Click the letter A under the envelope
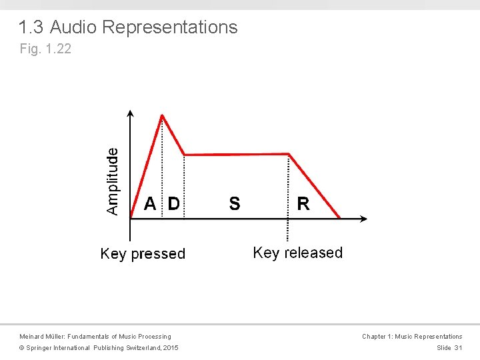tap(151, 204)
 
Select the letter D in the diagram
tap(173, 204)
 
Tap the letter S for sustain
tap(235, 204)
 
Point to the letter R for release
tap(303, 204)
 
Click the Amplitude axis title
tap(113, 181)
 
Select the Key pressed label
tap(143, 254)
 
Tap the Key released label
tap(298, 253)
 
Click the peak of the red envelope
tap(162, 115)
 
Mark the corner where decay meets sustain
tap(184, 155)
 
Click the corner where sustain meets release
tap(289, 154)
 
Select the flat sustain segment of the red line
tap(237, 155)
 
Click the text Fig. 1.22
tap(45, 49)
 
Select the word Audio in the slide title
tap(74, 27)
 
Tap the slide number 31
tap(458, 348)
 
